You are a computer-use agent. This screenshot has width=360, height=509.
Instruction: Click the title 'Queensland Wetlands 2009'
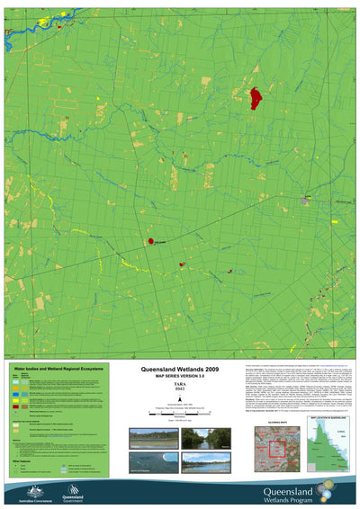click(x=179, y=369)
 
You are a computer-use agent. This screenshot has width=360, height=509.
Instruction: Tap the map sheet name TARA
click(x=179, y=386)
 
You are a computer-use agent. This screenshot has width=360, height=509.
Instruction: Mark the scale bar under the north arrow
click(x=179, y=411)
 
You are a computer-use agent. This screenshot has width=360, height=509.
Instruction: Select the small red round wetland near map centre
click(x=150, y=241)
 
